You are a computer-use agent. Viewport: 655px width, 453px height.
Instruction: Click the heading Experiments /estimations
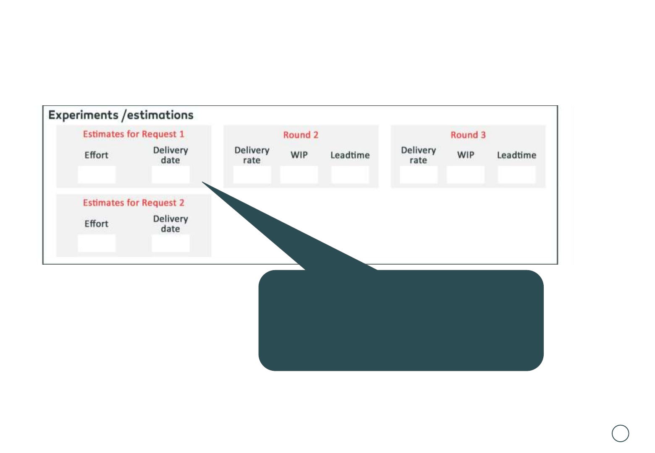[121, 115]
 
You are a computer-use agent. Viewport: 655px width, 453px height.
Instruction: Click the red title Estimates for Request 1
[134, 134]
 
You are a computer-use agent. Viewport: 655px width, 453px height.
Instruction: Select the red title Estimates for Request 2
[134, 203]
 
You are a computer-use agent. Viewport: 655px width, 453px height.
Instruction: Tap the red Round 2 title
[301, 135]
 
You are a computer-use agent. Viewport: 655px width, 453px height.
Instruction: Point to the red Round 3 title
[468, 135]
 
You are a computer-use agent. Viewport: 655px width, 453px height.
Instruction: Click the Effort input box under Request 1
[97, 174]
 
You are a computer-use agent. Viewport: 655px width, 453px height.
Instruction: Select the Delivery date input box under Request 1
[170, 174]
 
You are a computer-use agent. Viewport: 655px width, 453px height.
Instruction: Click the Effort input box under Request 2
[97, 243]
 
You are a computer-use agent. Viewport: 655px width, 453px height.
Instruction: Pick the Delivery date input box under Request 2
[170, 243]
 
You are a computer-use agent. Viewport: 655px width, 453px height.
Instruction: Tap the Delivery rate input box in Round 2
[252, 174]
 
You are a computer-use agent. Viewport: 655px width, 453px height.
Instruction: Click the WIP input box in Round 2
[299, 174]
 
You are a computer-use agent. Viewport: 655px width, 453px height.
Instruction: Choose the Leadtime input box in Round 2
[350, 174]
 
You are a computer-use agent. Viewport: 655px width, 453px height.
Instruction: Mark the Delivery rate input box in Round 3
[419, 174]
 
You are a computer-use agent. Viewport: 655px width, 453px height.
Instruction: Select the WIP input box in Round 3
[466, 174]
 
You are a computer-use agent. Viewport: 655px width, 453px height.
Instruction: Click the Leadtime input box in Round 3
[516, 174]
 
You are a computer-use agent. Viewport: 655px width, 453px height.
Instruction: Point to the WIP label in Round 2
[299, 155]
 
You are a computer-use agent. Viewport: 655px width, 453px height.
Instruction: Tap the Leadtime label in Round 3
[516, 155]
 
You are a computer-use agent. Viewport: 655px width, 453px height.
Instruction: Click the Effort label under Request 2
[97, 224]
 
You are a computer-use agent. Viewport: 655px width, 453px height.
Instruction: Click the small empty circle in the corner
[620, 433]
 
